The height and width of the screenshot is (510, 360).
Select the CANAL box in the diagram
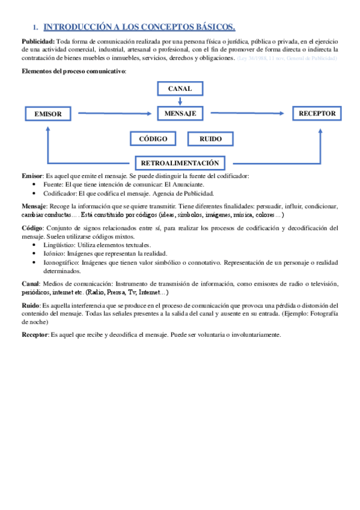click(180, 88)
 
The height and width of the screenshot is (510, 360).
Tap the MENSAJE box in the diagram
click(180, 112)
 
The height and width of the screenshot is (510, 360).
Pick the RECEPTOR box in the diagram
click(317, 112)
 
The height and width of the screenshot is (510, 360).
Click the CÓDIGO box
click(153, 139)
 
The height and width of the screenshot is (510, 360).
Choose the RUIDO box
click(210, 139)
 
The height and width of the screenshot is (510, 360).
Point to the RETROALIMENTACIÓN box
click(179, 163)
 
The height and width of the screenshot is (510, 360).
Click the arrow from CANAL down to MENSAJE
click(180, 100)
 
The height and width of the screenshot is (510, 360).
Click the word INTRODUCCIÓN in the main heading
click(75, 26)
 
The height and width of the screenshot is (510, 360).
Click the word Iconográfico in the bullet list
click(64, 262)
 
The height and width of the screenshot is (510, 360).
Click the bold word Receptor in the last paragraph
click(35, 334)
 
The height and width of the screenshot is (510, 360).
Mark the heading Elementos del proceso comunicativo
click(74, 72)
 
